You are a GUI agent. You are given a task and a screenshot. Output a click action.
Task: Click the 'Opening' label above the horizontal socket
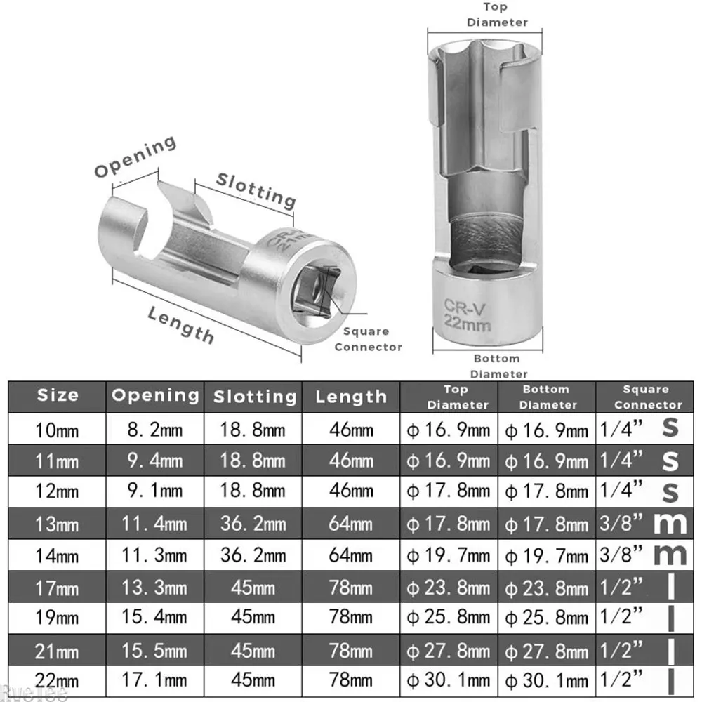135,158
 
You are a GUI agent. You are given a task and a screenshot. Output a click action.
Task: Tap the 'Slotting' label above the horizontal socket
256,189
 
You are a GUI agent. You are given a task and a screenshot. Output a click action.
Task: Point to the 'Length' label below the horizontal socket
181,324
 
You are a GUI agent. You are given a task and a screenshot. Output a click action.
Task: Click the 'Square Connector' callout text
368,339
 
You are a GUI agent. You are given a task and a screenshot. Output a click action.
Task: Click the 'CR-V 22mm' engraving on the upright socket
468,314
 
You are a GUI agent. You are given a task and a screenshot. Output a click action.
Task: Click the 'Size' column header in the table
58,395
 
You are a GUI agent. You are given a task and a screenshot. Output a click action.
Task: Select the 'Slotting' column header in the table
255,397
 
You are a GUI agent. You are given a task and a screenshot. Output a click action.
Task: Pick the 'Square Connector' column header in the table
647,397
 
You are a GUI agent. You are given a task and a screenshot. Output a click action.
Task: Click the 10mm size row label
58,429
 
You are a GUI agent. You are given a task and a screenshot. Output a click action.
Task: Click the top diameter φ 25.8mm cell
449,618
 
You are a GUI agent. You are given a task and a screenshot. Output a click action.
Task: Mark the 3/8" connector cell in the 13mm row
622,523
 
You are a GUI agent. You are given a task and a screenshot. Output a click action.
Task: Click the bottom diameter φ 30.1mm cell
548,681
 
